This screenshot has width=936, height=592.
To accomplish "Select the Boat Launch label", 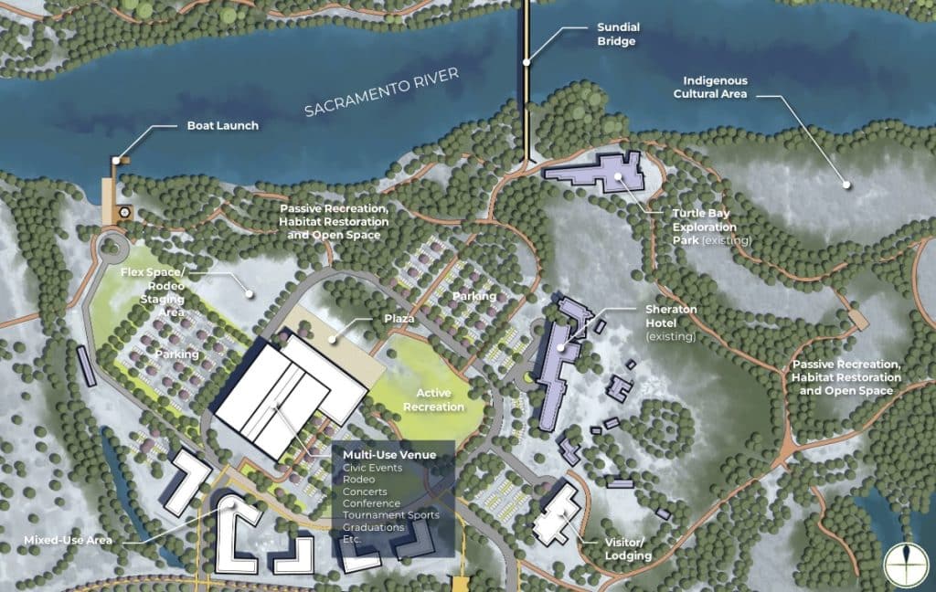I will coord(222,126).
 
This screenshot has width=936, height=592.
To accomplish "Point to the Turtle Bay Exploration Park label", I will coord(710,227).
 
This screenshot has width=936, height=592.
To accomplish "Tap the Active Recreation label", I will coord(435,400).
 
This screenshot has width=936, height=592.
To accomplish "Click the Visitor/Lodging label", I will coord(627,548).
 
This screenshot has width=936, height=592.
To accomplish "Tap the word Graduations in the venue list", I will coord(374,527).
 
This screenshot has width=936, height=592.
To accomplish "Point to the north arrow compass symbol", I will coord(904,561).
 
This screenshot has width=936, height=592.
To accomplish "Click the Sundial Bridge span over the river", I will coord(526,82).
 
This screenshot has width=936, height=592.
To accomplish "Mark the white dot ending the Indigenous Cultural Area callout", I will coord(846,185).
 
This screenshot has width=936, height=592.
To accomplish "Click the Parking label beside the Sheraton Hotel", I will coord(474,296).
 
